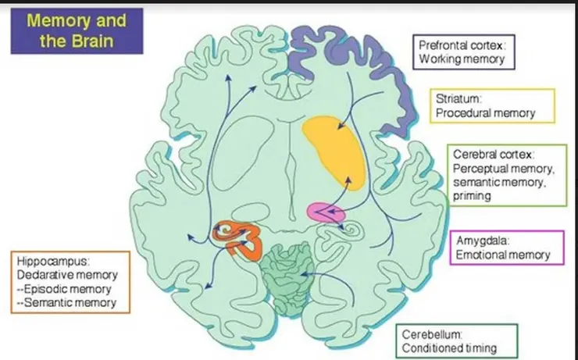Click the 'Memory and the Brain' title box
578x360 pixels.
click(77, 31)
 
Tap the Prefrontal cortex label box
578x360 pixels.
click(464, 52)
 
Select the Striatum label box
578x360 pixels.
click(493, 105)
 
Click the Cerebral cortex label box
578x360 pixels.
click(507, 175)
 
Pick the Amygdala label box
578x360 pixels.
click(507, 248)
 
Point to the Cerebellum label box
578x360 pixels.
click(457, 340)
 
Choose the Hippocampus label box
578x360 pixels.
click(70, 282)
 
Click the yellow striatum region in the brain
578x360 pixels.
click(335, 151)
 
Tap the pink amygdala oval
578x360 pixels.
click(326, 212)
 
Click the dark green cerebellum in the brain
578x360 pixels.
click(287, 278)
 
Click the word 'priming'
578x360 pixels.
click(472, 196)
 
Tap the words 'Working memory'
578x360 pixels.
click(462, 59)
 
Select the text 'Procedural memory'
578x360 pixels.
click(486, 112)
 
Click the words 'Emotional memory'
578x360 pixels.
click(503, 255)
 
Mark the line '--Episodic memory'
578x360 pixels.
click(64, 289)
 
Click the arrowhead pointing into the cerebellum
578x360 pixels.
click(302, 274)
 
